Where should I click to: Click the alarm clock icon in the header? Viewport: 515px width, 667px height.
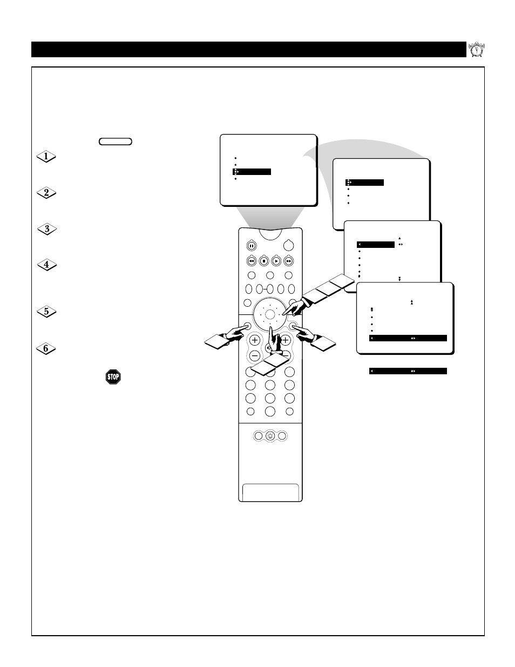[476, 49]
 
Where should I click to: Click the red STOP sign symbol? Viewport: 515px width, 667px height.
[113, 377]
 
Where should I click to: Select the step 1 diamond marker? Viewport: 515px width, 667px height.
[47, 157]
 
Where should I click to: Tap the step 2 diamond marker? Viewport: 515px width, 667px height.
[47, 193]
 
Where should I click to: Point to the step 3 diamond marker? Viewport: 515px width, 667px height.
[47, 229]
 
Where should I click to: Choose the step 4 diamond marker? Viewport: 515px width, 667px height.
[47, 265]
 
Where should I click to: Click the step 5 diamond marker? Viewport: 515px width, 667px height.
[47, 312]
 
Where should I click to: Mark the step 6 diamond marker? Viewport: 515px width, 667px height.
[47, 348]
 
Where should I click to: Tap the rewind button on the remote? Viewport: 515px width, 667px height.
[251, 261]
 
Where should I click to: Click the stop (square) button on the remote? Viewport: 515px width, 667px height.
[264, 261]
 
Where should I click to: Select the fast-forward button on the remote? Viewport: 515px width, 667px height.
[289, 261]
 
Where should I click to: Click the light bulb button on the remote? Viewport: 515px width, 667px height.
[270, 436]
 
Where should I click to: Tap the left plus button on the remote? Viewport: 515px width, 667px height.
[254, 340]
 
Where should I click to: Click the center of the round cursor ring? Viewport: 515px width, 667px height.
[270, 314]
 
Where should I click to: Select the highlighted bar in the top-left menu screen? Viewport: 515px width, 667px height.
[252, 172]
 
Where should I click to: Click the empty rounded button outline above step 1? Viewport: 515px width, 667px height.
[116, 142]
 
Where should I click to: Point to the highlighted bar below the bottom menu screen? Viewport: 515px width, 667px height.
[408, 371]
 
